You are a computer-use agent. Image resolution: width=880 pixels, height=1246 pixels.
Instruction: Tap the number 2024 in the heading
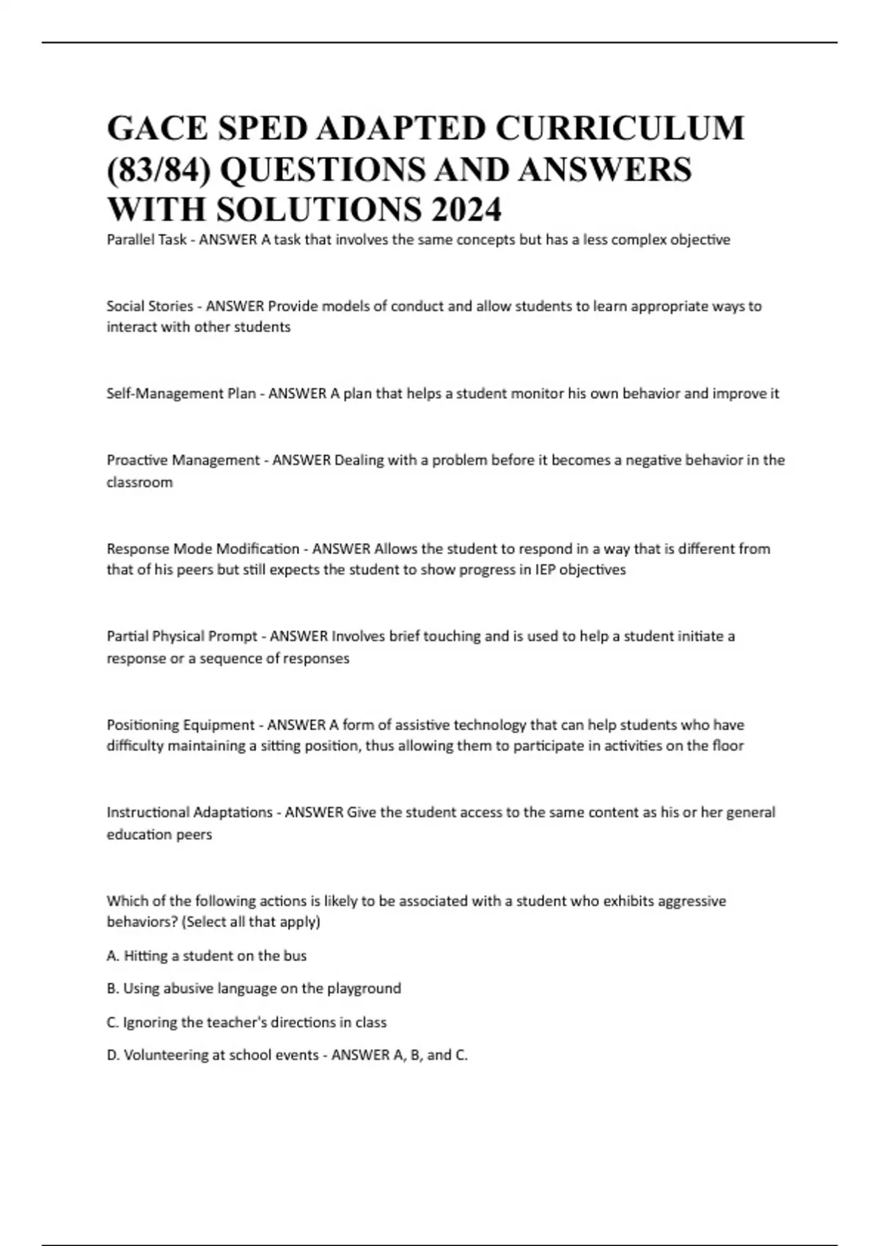[x=466, y=210]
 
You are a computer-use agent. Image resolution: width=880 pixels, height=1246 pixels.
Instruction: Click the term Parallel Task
[x=147, y=240]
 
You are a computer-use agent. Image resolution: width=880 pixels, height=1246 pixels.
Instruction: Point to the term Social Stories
[x=150, y=306]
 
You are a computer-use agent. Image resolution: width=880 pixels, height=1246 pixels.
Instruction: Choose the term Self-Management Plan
[x=181, y=394]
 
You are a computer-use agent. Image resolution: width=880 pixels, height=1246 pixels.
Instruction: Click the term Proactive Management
[x=183, y=460]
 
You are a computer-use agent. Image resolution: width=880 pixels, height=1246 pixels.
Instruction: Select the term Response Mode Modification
[x=203, y=549]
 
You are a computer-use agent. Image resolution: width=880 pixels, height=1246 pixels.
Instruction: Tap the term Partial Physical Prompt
[x=182, y=636]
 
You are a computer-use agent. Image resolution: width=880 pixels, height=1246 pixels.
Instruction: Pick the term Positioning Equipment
[x=180, y=725]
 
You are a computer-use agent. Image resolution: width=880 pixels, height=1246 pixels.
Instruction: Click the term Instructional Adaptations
[x=189, y=812]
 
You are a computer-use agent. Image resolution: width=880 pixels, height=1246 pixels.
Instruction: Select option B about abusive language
[x=254, y=988]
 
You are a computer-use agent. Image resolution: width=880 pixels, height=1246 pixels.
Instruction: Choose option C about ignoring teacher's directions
[x=246, y=1022]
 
